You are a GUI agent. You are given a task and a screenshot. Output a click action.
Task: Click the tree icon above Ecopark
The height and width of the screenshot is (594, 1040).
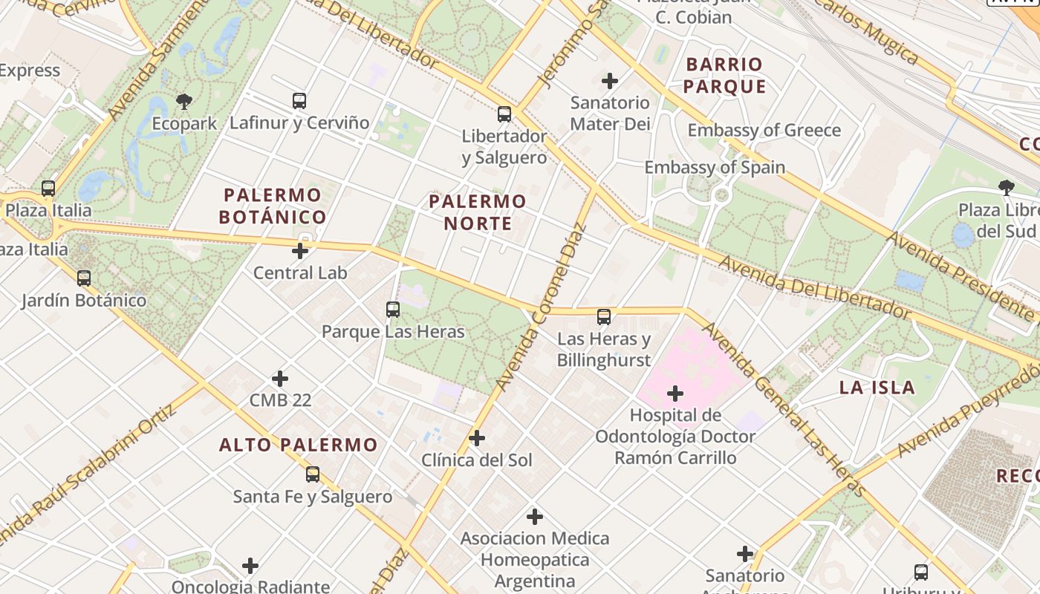click(183, 101)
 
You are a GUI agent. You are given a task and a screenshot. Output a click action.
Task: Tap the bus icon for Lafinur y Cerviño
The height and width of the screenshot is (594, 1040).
click(299, 100)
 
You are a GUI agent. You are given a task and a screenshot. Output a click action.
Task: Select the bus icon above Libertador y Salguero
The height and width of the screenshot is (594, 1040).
click(504, 114)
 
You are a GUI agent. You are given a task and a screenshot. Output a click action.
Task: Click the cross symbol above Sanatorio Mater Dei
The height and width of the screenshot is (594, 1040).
click(610, 80)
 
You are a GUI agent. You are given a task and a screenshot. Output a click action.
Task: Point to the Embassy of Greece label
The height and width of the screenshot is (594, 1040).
click(764, 131)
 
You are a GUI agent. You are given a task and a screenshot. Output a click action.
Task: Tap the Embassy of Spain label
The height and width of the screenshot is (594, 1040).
click(715, 167)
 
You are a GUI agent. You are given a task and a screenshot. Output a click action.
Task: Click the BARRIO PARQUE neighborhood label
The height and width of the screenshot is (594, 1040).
click(724, 75)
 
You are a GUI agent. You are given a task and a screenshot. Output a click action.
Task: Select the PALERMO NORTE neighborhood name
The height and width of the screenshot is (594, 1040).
click(478, 212)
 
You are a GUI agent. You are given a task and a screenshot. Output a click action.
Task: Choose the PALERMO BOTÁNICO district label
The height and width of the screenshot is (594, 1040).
click(274, 206)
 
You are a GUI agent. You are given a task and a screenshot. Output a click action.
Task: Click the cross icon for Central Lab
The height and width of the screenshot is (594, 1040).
click(300, 251)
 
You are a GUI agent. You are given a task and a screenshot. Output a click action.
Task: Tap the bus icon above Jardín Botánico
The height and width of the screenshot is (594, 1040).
click(84, 278)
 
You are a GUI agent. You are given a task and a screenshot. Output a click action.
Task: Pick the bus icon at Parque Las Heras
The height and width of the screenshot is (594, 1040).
click(393, 309)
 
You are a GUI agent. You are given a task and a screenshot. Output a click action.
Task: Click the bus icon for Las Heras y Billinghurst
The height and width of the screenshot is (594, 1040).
click(604, 317)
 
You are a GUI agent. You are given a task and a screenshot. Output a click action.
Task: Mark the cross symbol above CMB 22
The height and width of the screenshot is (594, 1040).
click(280, 379)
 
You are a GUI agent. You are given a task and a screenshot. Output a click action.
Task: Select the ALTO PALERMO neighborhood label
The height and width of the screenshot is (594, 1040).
click(298, 445)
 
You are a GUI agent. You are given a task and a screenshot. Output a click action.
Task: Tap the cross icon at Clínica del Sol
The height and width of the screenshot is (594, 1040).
click(477, 438)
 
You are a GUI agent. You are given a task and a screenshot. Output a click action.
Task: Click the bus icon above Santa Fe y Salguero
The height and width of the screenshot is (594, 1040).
click(313, 474)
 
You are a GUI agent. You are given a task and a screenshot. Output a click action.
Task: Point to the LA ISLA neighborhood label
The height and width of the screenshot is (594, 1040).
click(877, 387)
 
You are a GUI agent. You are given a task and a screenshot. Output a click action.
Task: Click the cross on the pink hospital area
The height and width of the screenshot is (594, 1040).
click(675, 393)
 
